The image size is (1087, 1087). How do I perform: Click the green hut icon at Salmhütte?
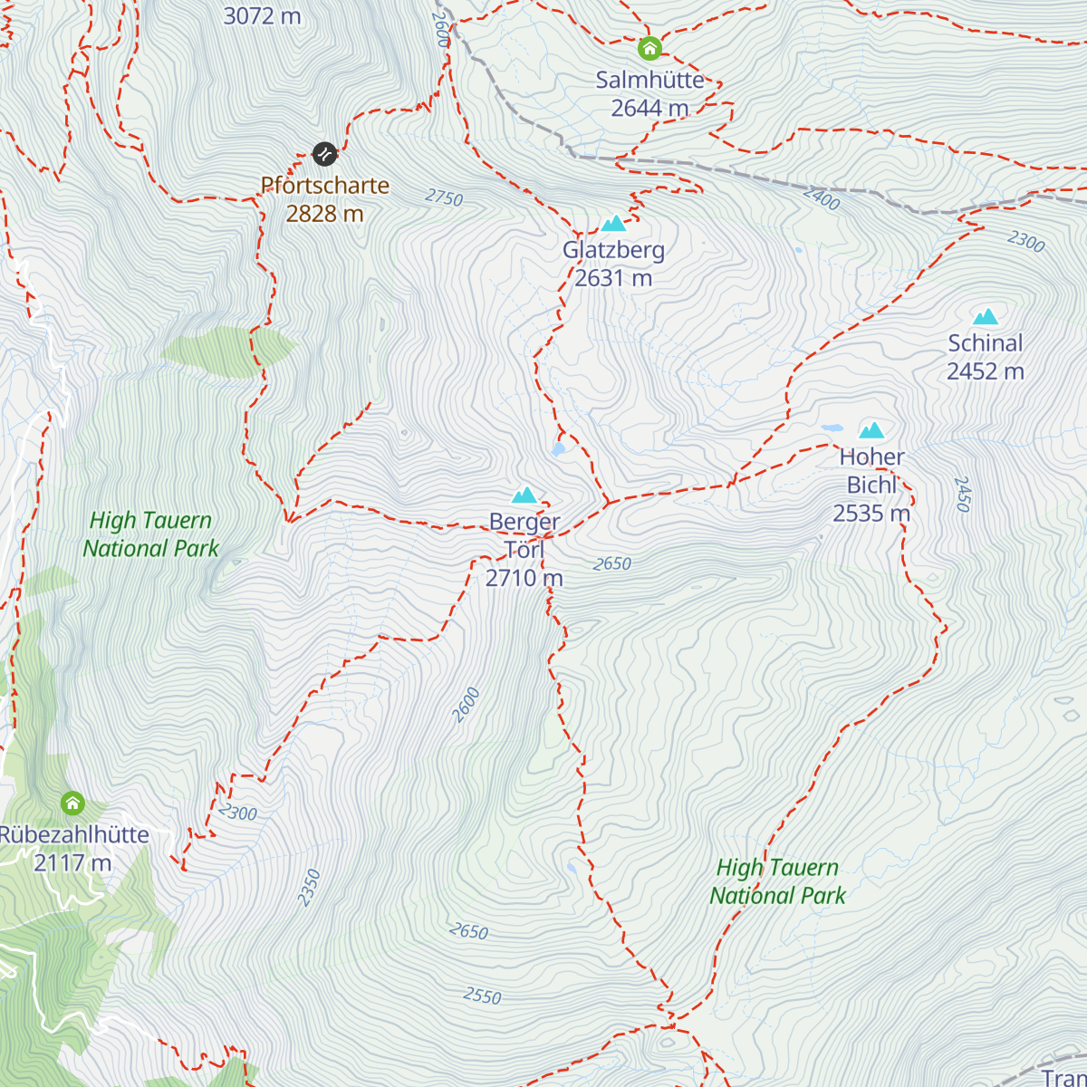649,48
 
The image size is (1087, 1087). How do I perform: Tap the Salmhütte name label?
649,80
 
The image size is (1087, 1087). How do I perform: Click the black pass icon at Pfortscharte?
324,154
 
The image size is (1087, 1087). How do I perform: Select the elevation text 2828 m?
324,214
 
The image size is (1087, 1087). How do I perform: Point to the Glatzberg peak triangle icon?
613,223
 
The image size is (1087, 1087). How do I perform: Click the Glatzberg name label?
613,250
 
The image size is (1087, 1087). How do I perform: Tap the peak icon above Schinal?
985,317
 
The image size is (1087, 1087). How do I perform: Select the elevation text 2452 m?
985,371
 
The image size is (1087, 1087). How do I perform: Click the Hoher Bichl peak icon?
871,430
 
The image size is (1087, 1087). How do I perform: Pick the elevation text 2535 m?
871,514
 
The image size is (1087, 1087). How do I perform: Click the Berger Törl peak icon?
524,495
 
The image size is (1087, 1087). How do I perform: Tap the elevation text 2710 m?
524,578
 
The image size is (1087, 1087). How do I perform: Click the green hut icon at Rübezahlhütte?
72,803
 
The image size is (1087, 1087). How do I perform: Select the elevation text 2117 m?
72,862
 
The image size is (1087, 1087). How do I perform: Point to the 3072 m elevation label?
262,15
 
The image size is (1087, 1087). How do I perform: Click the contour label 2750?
444,197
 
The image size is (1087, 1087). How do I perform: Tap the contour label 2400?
821,198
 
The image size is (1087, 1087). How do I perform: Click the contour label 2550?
482,996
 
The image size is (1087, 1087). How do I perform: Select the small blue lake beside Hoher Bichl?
831,428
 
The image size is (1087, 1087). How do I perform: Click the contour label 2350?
310,887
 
